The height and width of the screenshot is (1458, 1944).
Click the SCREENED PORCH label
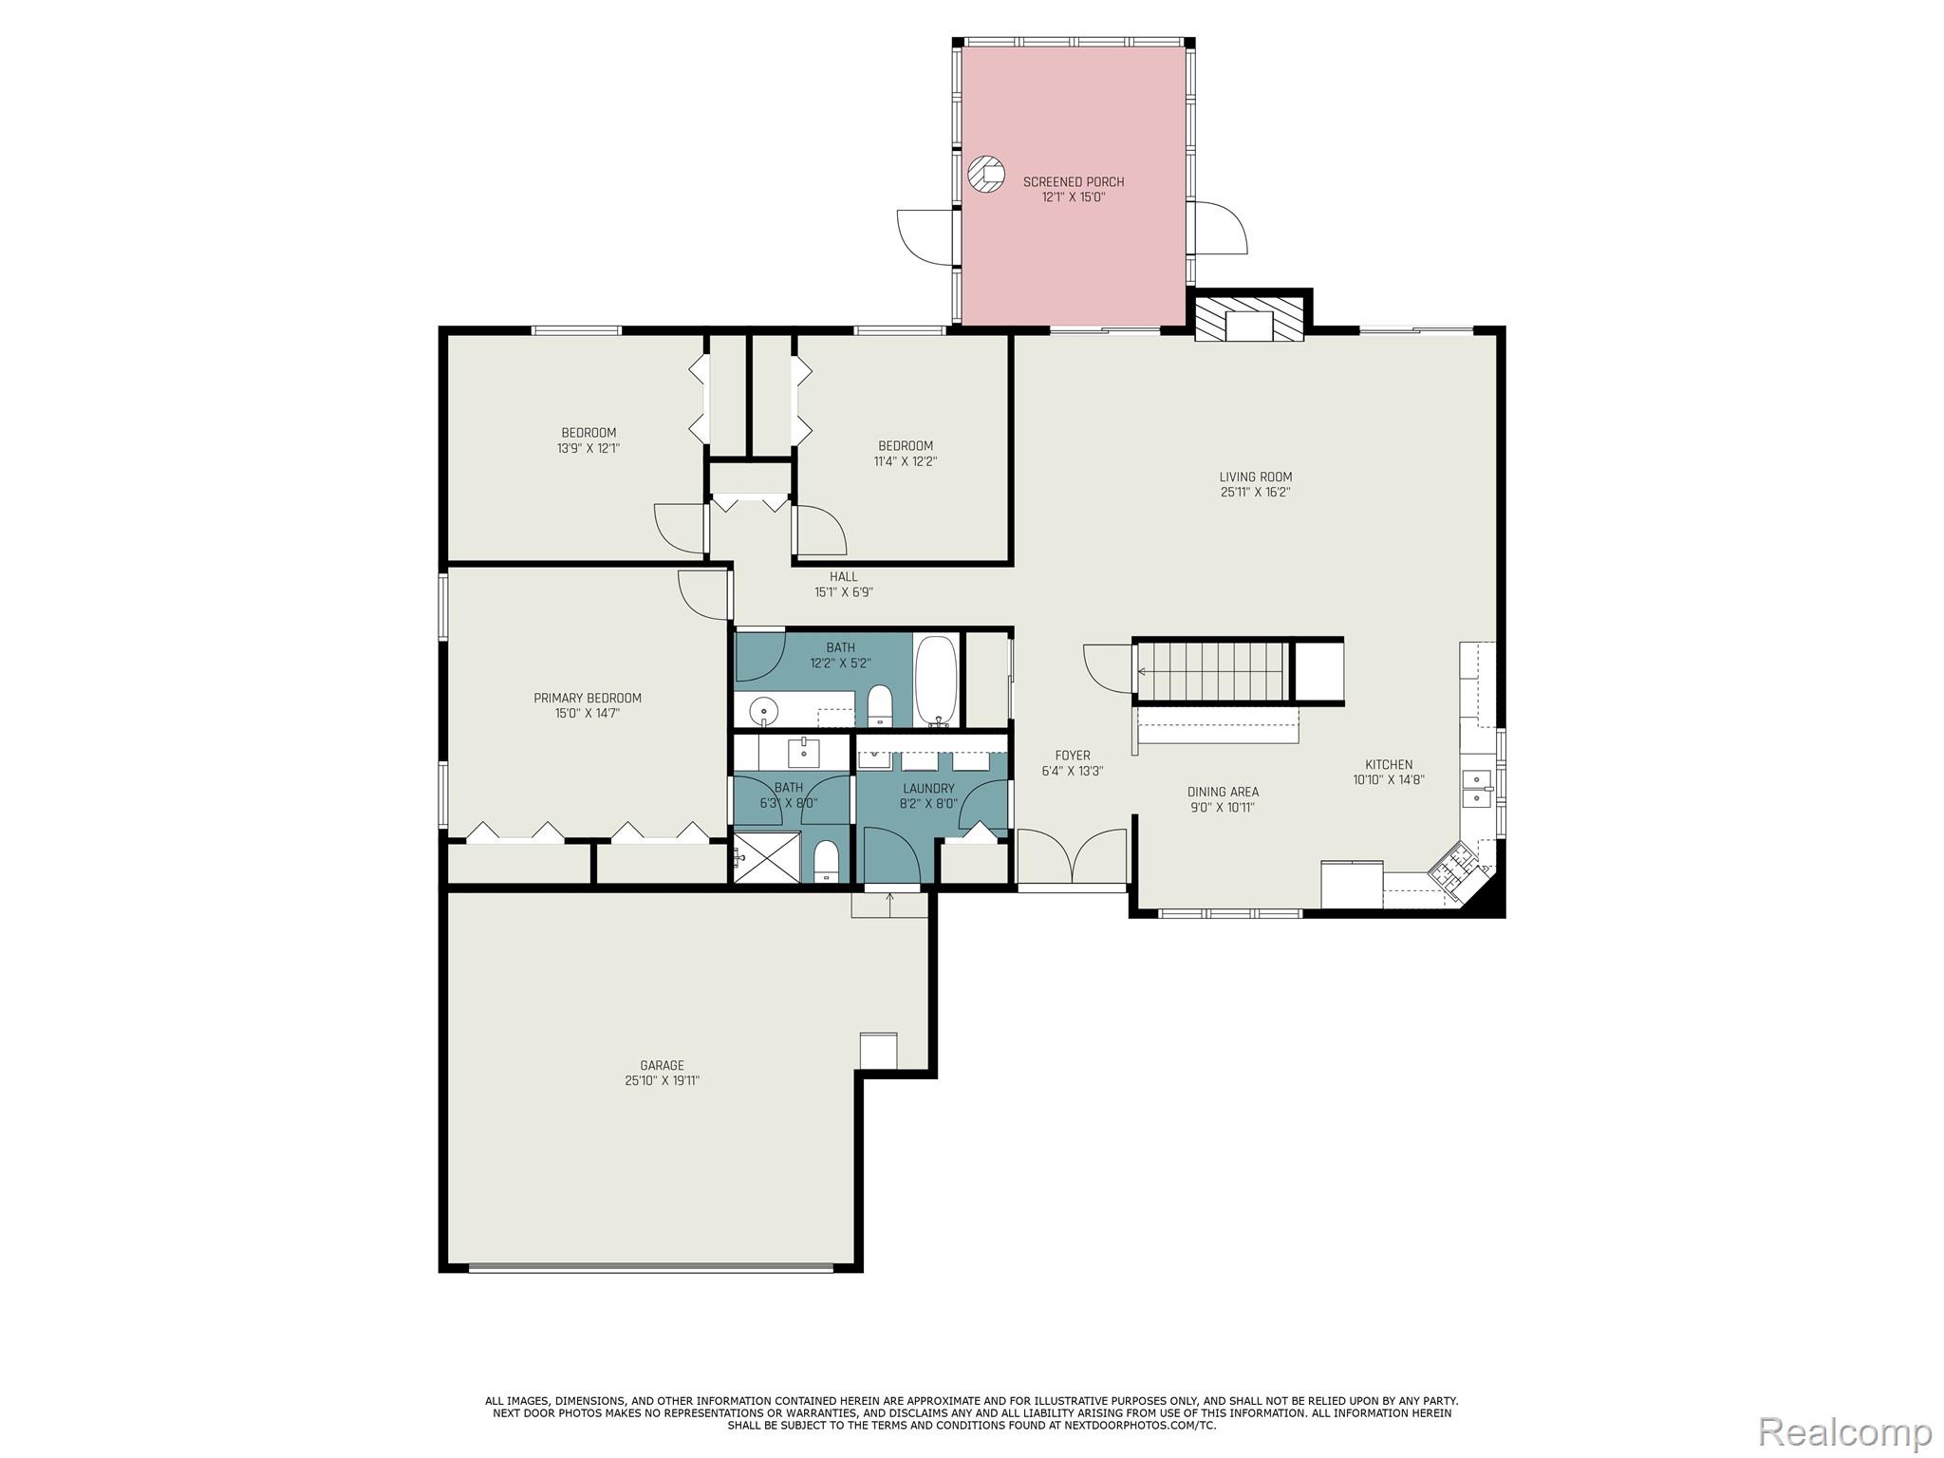(1073, 181)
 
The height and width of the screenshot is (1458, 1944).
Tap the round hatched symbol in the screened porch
(986, 175)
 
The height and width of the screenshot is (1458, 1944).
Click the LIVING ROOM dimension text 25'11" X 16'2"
(1255, 493)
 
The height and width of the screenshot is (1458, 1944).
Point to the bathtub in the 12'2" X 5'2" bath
(938, 679)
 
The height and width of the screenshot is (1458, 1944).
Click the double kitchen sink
(1477, 788)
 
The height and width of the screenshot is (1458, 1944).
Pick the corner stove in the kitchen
(1453, 869)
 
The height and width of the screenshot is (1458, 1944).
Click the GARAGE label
(662, 1065)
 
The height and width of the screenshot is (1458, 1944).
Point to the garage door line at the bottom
(651, 1267)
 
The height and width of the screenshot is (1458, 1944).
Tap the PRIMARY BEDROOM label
(588, 698)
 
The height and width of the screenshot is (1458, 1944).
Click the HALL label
(843, 576)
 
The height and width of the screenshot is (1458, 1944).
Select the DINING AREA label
(1223, 792)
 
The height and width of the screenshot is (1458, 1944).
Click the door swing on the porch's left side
(925, 236)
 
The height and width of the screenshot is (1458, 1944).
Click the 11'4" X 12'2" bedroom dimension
(905, 461)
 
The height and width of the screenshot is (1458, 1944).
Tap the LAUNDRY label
(928, 788)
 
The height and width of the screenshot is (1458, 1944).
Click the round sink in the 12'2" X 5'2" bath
(762, 710)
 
